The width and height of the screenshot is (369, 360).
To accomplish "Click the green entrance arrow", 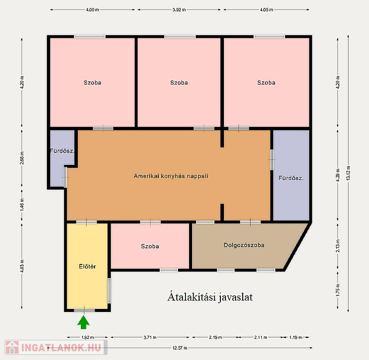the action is (83, 322).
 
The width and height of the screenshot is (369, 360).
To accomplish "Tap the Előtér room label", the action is (87, 266).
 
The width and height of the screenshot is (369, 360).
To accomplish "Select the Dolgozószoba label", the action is (244, 245).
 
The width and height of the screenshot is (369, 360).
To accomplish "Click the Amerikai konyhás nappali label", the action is (171, 176).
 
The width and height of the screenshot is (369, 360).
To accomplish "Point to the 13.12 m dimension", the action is (348, 173).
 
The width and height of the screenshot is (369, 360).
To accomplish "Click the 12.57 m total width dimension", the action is (180, 348).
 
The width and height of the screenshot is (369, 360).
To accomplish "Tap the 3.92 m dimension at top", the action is (179, 10).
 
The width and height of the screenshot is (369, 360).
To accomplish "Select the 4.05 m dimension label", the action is (266, 10).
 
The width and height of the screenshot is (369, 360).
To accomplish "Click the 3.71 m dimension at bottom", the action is (150, 337).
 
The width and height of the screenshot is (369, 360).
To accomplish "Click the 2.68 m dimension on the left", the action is (22, 158).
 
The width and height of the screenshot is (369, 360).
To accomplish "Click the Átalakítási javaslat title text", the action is (210, 297).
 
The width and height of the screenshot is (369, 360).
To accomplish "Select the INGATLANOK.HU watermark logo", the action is (56, 347).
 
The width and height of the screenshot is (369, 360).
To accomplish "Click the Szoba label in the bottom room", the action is (150, 246).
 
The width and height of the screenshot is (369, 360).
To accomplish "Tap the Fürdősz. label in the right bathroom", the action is (291, 178).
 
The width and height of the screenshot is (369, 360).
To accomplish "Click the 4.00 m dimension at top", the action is (92, 10).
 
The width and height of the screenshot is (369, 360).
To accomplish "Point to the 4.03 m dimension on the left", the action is (22, 266).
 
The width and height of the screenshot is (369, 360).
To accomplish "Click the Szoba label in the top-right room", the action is (266, 82).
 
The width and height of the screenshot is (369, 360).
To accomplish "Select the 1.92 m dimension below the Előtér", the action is (87, 337).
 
